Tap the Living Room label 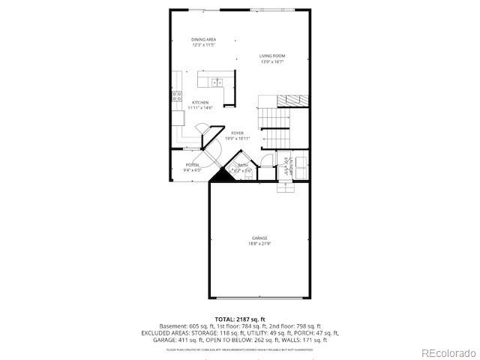(x=272, y=56)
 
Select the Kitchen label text (x=199, y=103)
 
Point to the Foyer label (x=237, y=133)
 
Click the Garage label (x=259, y=238)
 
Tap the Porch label (x=193, y=165)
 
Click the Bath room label (x=243, y=165)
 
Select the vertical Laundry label (x=287, y=164)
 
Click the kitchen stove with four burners (x=177, y=95)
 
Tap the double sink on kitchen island (x=217, y=82)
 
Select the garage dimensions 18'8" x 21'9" (x=259, y=243)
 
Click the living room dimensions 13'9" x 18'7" (x=272, y=61)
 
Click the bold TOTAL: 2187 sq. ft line (x=240, y=319)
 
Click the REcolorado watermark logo (x=448, y=352)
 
